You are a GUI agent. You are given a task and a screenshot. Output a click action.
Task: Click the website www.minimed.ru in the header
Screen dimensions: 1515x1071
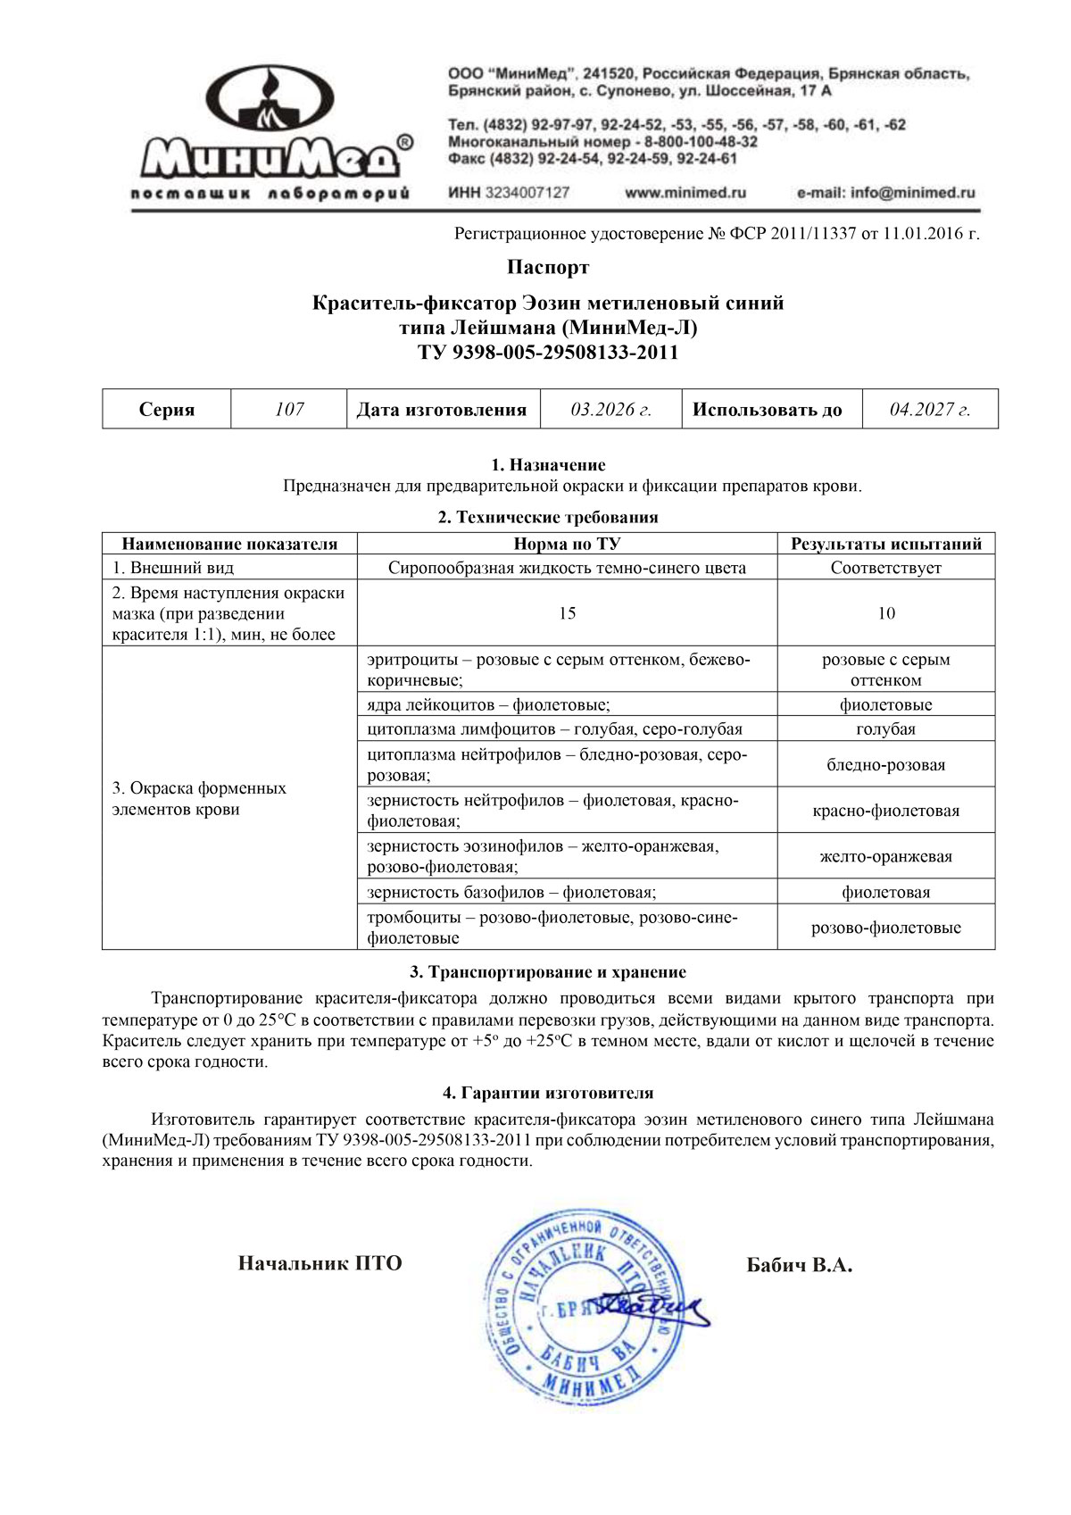pyautogui.click(x=685, y=192)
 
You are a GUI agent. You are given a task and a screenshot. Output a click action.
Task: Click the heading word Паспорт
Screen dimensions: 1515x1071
pyautogui.click(x=548, y=267)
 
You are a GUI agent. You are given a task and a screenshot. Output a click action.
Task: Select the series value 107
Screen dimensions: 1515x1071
pyautogui.click(x=289, y=410)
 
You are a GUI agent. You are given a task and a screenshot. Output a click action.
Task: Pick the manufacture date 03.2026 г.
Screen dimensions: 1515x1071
pyautogui.click(x=611, y=410)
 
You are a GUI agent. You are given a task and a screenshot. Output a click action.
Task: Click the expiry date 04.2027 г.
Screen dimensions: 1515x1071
pyautogui.click(x=930, y=410)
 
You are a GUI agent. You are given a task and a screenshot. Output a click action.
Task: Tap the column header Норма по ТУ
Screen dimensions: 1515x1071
pyautogui.click(x=567, y=544)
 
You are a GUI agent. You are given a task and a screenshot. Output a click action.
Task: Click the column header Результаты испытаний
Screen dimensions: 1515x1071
pyautogui.click(x=886, y=544)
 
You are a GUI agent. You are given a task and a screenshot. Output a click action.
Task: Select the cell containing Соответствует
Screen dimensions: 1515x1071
pyautogui.click(x=886, y=568)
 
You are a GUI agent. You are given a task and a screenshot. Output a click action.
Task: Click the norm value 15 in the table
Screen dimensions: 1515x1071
pyautogui.click(x=567, y=613)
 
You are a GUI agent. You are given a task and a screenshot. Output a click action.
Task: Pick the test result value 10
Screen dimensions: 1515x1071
pyautogui.click(x=886, y=613)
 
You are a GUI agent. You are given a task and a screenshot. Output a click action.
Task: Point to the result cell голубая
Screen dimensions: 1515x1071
pyautogui.click(x=886, y=729)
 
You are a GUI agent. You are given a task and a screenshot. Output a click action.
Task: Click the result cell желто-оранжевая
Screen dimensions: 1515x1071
pyautogui.click(x=886, y=857)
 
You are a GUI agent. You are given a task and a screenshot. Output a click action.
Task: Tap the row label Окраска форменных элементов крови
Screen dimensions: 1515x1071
pyautogui.click(x=199, y=799)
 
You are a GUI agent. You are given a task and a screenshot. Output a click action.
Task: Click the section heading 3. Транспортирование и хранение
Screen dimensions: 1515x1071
pyautogui.click(x=548, y=972)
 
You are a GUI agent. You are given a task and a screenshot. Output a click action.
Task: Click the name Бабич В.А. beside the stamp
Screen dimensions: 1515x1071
pyautogui.click(x=799, y=1265)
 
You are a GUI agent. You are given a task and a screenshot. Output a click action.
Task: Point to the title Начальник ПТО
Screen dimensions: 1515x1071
pyautogui.click(x=320, y=1263)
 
